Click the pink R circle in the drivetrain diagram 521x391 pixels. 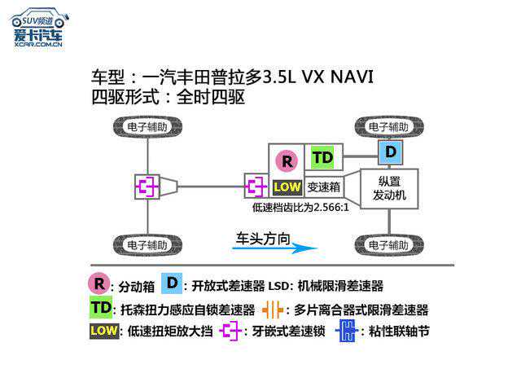click(x=287, y=161)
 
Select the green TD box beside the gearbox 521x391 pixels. click(x=323, y=157)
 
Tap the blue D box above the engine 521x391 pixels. click(x=392, y=152)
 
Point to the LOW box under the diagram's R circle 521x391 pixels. click(x=287, y=187)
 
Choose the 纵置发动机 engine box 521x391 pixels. click(x=388, y=189)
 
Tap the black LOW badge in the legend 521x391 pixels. click(x=103, y=331)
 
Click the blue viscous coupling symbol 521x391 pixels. click(x=348, y=332)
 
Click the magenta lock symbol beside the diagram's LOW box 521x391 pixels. click(x=256, y=187)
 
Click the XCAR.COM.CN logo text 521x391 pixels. click(x=37, y=44)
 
